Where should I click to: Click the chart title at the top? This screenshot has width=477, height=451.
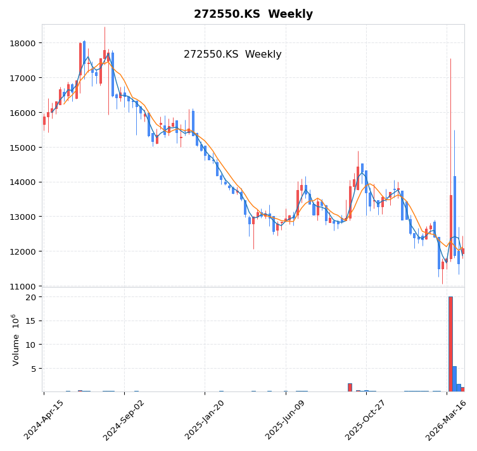(x=253, y=14)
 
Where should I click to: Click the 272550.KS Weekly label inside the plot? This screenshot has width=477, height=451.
(x=232, y=54)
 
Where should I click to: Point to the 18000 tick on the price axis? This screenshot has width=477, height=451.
(x=22, y=43)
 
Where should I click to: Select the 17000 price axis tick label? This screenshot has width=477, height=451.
(x=22, y=78)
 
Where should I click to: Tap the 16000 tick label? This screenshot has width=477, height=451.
(x=22, y=113)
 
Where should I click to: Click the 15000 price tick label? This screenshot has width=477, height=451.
(x=22, y=148)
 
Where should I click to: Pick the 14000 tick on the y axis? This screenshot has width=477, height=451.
(x=22, y=182)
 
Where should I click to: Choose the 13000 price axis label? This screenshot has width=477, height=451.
(x=22, y=217)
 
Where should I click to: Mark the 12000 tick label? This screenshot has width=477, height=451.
(x=22, y=251)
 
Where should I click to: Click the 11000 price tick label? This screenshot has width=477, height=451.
(x=22, y=286)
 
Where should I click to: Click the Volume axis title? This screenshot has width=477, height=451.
(x=15, y=340)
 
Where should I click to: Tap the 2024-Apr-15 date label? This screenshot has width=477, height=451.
(x=44, y=420)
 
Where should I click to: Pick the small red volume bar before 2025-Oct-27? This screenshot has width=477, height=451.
(x=350, y=387)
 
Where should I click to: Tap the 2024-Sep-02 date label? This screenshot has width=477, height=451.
(x=125, y=420)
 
